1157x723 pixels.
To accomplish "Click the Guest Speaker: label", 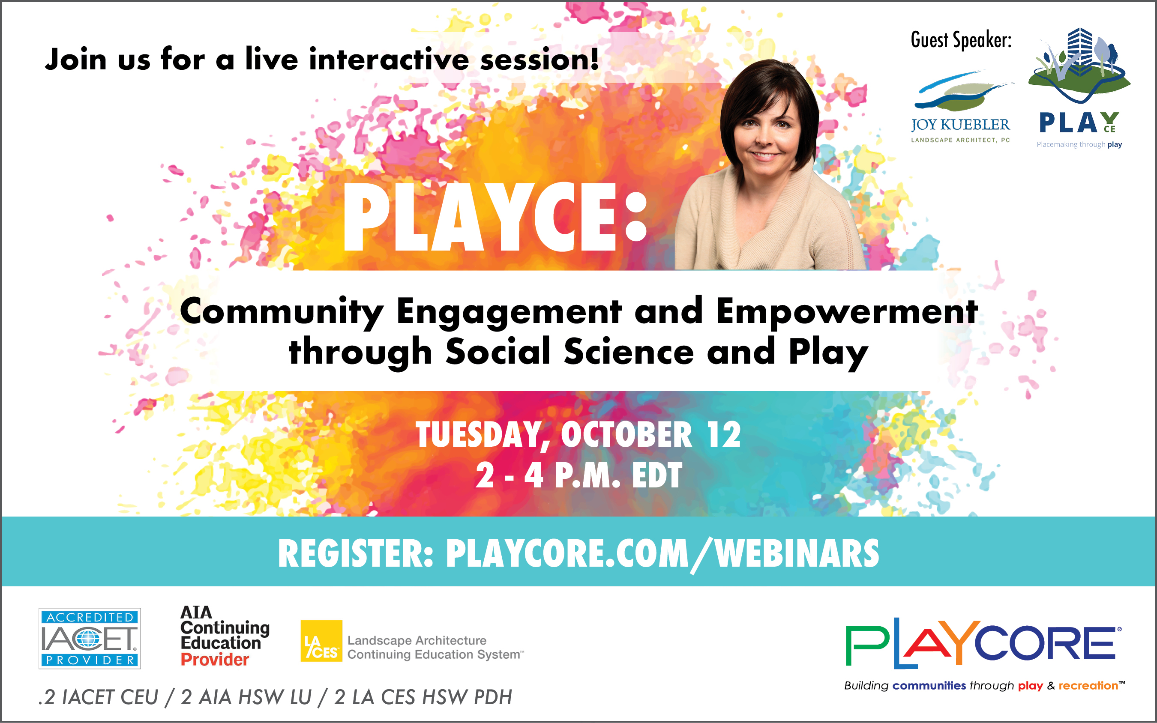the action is click(x=961, y=40).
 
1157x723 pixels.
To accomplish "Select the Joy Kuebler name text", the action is click(x=960, y=125).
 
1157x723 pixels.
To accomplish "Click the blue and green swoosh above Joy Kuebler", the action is click(x=961, y=91).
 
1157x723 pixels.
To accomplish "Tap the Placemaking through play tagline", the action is click(x=1079, y=144).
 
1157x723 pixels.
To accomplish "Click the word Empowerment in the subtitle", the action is click(x=847, y=311).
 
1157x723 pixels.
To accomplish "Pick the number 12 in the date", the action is click(x=724, y=435).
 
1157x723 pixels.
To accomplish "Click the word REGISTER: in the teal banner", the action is click(x=356, y=553).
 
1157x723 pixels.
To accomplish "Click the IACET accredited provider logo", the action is click(x=90, y=638).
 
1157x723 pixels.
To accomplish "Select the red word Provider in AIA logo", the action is click(x=215, y=660).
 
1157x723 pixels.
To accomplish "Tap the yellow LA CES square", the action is click(x=321, y=641).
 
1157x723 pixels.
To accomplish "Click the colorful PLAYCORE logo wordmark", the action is click(x=983, y=643).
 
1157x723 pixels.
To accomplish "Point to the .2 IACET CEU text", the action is click(x=98, y=697).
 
